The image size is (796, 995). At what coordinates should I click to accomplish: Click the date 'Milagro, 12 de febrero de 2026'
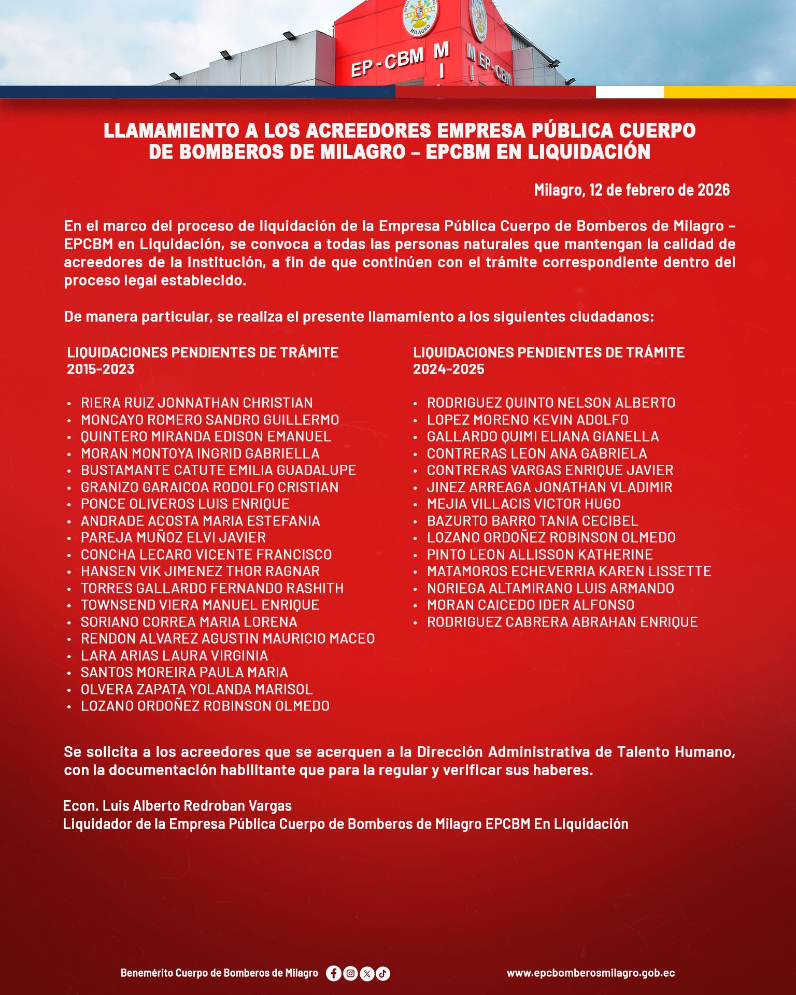(632, 190)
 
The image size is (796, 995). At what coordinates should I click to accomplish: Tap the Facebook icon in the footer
(334, 973)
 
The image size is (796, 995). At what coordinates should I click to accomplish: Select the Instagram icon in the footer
(350, 973)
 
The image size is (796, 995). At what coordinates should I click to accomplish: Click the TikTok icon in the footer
(383, 973)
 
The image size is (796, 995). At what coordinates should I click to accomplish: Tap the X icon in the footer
(367, 973)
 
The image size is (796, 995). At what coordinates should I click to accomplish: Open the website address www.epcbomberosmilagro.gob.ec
(591, 973)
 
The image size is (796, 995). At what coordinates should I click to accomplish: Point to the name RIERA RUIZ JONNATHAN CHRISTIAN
(196, 403)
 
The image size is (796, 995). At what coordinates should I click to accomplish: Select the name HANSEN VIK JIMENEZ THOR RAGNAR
(200, 571)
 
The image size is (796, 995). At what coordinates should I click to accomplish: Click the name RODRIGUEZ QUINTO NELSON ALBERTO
(551, 403)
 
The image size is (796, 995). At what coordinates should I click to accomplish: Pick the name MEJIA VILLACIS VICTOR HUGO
(523, 504)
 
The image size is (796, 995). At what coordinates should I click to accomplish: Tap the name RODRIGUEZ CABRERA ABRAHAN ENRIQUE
(562, 622)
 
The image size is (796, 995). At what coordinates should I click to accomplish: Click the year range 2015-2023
(101, 369)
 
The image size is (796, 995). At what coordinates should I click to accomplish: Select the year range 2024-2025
(448, 369)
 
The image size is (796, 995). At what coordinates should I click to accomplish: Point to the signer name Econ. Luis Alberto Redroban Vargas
(177, 806)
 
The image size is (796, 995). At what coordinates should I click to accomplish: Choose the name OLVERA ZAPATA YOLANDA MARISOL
(196, 689)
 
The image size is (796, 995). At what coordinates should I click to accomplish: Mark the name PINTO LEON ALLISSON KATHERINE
(539, 555)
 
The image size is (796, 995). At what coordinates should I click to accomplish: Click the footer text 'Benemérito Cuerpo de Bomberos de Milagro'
(219, 973)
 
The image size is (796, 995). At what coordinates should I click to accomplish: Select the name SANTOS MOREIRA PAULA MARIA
(184, 672)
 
